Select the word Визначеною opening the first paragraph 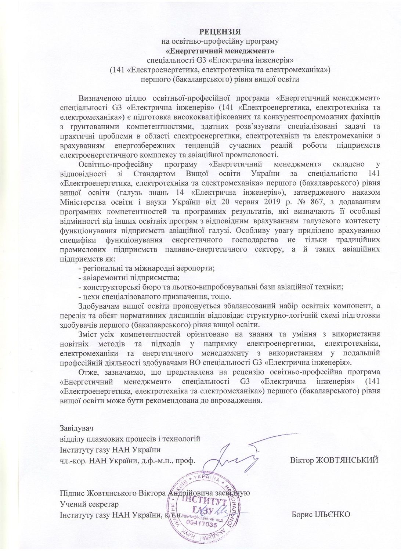[x=97, y=98]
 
